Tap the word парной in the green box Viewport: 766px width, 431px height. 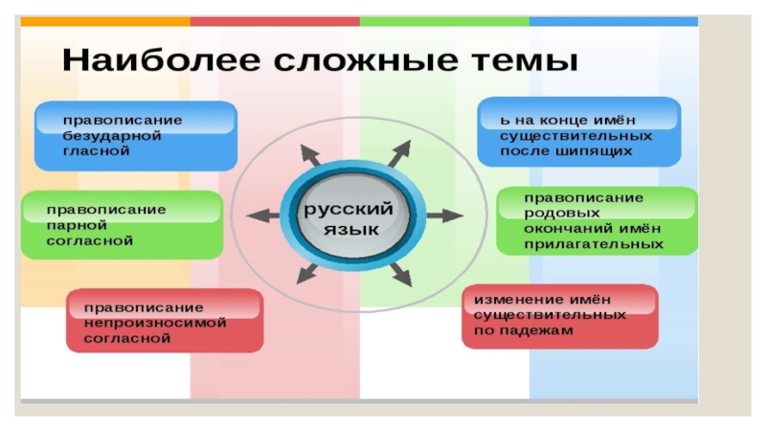pos(73,224)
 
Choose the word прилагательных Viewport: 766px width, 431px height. pos(594,244)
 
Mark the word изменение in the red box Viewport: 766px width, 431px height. pos(508,299)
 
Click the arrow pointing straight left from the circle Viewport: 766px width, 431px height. pos(259,217)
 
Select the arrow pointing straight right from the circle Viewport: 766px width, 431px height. pos(443,215)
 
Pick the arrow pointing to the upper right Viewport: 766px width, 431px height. pos(400,152)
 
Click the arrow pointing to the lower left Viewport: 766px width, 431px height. pos(306,275)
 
